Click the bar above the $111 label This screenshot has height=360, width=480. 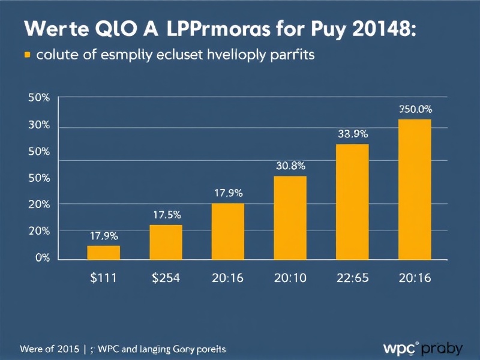(103, 253)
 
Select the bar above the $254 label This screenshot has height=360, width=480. (166, 242)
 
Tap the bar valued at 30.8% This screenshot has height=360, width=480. (290, 218)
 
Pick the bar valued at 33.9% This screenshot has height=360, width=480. (352, 202)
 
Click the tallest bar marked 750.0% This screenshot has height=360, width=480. (415, 190)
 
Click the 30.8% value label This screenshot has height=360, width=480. (290, 165)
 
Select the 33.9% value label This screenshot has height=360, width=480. (353, 134)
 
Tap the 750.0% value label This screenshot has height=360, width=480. (415, 109)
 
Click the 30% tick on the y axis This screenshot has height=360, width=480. (38, 125)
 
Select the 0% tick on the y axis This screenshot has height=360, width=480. (42, 258)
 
